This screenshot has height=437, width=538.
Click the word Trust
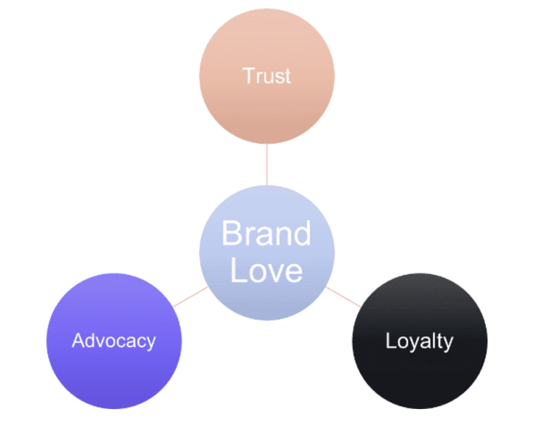pyautogui.click(x=266, y=75)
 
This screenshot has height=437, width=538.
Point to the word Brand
pyautogui.click(x=266, y=234)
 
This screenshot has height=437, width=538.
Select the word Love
pyautogui.click(x=266, y=271)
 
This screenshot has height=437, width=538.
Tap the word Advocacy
pyautogui.click(x=113, y=340)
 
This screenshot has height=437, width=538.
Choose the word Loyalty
pyautogui.click(x=420, y=340)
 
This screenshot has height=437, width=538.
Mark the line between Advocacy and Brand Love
pyautogui.click(x=189, y=296)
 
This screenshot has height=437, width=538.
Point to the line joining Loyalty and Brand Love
pyautogui.click(x=343, y=296)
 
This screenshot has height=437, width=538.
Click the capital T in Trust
pyautogui.click(x=248, y=75)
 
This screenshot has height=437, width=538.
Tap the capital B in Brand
pyautogui.click(x=231, y=234)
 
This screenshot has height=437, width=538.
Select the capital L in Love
pyautogui.click(x=237, y=271)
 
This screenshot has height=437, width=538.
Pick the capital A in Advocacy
pyautogui.click(x=77, y=340)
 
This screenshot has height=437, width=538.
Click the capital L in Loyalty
pyautogui.click(x=390, y=340)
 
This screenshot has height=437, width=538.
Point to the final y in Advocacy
pyautogui.click(x=151, y=343)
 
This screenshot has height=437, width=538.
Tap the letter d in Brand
pyautogui.click(x=303, y=234)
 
